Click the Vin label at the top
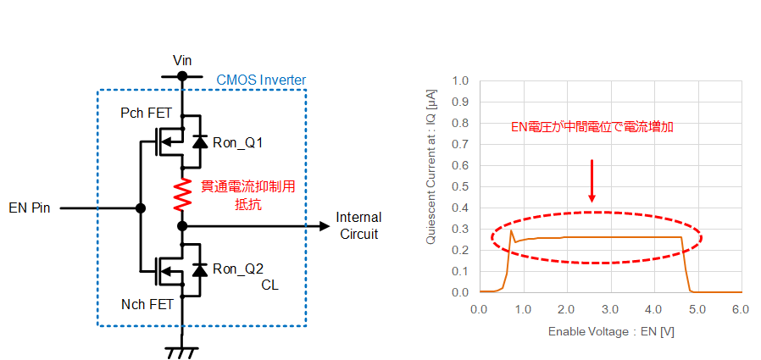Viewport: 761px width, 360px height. (x=182, y=61)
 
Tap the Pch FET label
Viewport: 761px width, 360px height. (x=146, y=114)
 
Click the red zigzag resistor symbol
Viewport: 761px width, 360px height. (x=182, y=194)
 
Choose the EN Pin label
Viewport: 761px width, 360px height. (x=30, y=209)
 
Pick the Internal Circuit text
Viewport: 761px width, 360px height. (x=358, y=225)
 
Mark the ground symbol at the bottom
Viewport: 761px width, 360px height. (x=182, y=352)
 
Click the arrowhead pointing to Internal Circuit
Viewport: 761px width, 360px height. (x=325, y=226)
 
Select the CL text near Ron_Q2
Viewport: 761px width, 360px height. (x=269, y=285)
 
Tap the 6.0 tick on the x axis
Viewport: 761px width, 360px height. (x=742, y=309)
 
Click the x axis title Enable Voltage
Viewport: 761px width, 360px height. (x=612, y=332)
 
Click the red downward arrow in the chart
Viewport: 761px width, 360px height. (x=592, y=180)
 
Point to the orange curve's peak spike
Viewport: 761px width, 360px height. (x=511, y=231)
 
